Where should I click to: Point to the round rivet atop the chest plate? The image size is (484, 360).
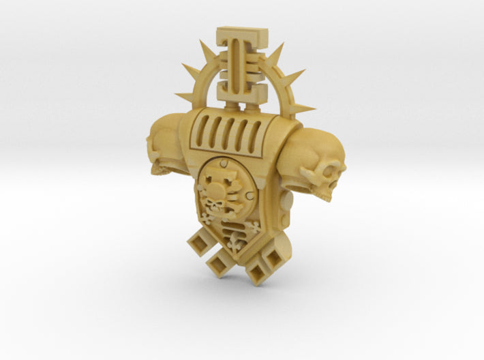click(x=224, y=163)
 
